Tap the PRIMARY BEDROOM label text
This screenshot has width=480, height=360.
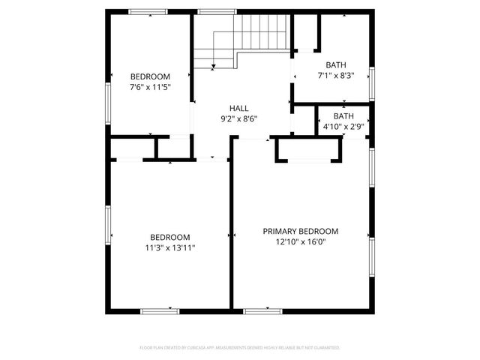[300, 231]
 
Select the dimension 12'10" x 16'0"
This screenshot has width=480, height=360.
[300, 241]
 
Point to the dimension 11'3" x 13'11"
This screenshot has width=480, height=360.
[169, 247]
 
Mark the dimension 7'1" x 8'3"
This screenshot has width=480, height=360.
[335, 76]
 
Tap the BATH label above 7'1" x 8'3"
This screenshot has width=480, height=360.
[335, 65]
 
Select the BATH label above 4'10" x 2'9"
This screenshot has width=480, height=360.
[343, 116]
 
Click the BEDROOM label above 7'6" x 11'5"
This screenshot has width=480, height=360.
[150, 76]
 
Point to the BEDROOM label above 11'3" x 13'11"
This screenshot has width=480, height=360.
[169, 237]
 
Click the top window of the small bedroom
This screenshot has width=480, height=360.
[148, 11]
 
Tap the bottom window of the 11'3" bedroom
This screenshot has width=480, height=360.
[160, 310]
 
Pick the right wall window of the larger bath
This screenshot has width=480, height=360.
[372, 83]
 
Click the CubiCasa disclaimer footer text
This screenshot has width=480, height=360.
[240, 348]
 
